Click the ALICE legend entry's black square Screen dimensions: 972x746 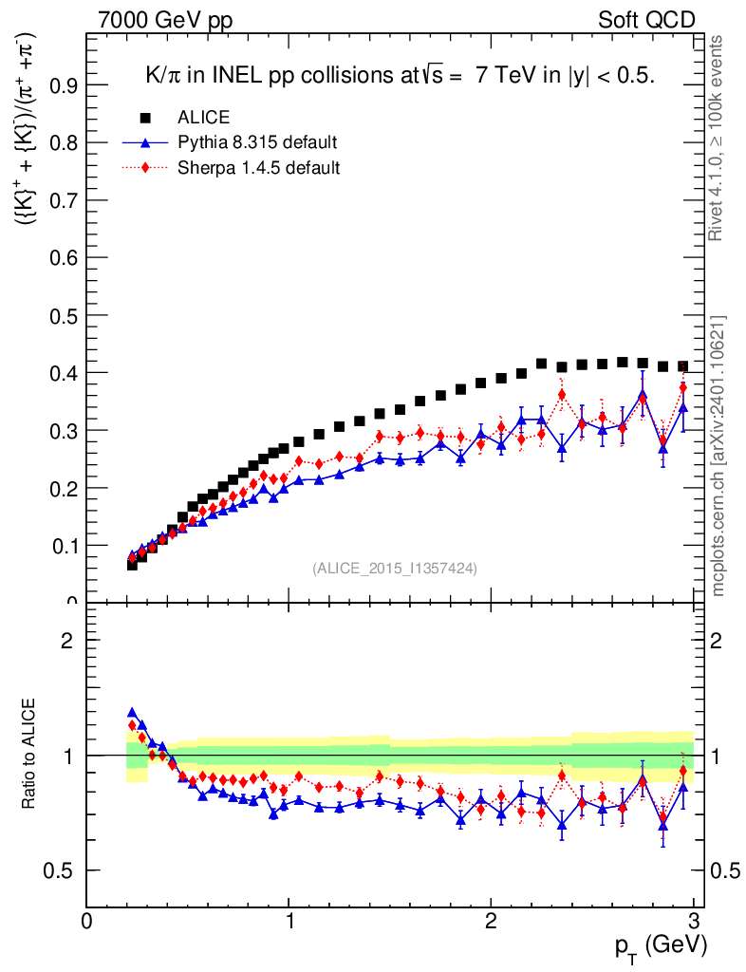146,118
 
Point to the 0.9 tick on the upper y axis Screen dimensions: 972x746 87,84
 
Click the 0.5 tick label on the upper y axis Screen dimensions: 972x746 65,315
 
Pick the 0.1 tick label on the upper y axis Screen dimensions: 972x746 65,546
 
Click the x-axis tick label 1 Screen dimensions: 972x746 289,921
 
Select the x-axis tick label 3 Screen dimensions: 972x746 694,921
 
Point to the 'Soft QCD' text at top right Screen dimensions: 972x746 646,20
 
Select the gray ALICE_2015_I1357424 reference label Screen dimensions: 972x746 394,568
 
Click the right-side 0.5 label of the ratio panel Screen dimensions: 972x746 726,870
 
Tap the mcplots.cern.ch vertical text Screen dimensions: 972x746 719,456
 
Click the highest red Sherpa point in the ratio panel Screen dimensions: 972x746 132,726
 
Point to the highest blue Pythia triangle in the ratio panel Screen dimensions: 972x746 132,712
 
